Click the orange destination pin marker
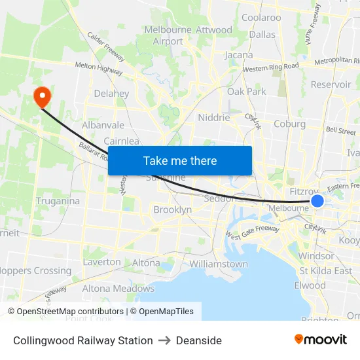[x=42, y=97]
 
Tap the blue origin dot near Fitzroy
[x=317, y=200]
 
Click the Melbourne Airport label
[x=168, y=35]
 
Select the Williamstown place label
[x=218, y=264]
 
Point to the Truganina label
[x=58, y=201]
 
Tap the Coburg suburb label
[x=289, y=124]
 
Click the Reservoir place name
[x=331, y=84]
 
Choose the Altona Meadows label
[x=118, y=288]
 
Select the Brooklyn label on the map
[x=172, y=210]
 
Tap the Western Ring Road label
[x=270, y=67]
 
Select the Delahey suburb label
[x=111, y=94]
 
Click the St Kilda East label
[x=325, y=270]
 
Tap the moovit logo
[x=320, y=340]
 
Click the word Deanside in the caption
[x=199, y=340]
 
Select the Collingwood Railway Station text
[x=83, y=340]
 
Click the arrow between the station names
[x=164, y=340]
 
